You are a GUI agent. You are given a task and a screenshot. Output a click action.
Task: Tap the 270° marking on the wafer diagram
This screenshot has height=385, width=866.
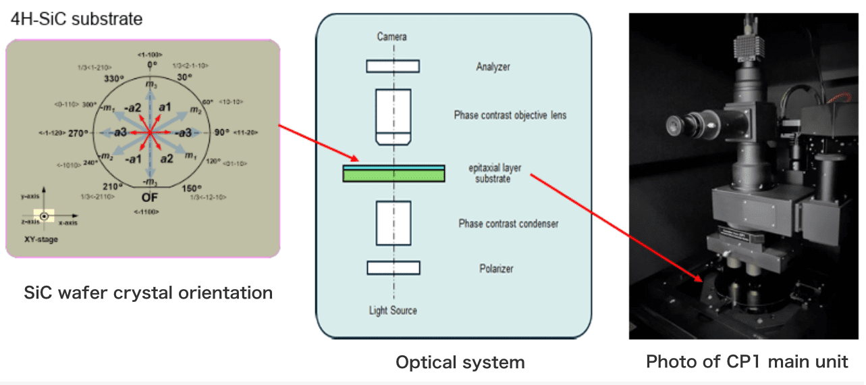point(78,133)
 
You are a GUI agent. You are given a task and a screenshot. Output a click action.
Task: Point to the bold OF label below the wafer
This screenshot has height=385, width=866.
point(151,198)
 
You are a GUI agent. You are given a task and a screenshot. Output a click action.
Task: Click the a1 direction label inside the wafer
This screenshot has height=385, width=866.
point(165,107)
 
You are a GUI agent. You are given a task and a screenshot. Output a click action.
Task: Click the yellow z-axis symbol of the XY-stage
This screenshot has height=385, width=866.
point(44,217)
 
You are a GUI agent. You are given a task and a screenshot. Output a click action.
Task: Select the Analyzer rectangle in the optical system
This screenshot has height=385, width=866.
point(393,66)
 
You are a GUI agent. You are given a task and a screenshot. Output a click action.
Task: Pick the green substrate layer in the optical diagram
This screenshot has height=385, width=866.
point(393,176)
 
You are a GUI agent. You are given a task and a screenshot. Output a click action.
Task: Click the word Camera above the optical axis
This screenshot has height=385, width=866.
point(392,36)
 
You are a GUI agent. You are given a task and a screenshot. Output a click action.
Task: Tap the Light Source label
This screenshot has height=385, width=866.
point(393,311)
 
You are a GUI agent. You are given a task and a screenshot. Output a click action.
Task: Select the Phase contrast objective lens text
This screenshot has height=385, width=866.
point(510,115)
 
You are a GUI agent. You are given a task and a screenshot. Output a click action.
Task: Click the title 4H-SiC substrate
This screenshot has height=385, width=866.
point(77,19)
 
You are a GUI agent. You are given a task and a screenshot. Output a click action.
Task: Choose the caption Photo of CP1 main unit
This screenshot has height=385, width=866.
point(747,361)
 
